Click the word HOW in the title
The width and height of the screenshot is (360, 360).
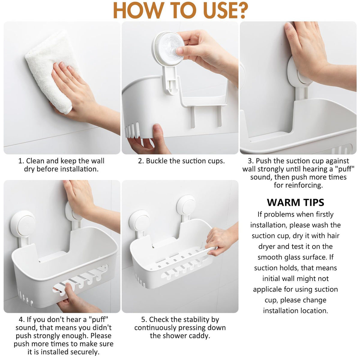pos(137,10)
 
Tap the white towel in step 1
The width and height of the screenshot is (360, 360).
pos(52,71)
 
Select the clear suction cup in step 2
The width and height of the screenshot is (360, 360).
pos(168,48)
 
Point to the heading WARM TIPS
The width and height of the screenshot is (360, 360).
pos(295,202)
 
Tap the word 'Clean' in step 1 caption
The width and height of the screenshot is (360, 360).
pos(35,161)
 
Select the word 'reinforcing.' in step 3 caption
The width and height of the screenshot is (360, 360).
pos(298,185)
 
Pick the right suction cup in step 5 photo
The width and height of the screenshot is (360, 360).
pos(186,205)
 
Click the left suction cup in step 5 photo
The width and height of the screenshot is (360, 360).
pos(139,221)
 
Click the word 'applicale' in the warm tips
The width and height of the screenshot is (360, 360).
pos(267,289)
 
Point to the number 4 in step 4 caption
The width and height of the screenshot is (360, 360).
pos(21,319)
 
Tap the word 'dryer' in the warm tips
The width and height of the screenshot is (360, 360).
pos(267,247)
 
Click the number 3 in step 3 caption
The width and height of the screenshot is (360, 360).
pos(250,161)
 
